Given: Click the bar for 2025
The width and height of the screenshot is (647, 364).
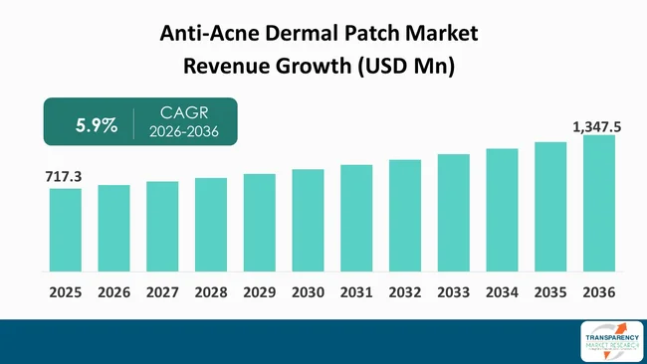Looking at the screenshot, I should (65, 230).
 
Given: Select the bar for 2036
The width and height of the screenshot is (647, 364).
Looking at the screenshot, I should (599, 203).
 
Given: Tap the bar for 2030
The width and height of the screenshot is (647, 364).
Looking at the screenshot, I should (308, 220).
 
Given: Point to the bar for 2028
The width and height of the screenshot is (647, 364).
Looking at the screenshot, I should (211, 225).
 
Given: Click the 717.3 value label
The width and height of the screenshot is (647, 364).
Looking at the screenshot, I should (63, 176).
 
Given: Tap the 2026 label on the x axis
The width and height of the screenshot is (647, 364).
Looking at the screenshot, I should (113, 294).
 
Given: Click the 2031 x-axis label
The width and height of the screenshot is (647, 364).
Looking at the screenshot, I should (356, 294).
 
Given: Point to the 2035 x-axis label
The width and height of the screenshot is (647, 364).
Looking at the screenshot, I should (550, 294).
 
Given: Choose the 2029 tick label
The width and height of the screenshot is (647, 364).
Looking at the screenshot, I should (259, 294).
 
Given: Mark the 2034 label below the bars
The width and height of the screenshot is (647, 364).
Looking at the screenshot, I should (502, 294).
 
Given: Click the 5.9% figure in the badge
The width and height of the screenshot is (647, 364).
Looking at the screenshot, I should (98, 125).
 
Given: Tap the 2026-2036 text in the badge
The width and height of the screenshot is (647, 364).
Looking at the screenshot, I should (183, 134).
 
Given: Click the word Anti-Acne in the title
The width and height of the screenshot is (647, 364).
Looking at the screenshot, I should (205, 33).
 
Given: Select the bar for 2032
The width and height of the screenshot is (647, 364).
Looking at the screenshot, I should (405, 216).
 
